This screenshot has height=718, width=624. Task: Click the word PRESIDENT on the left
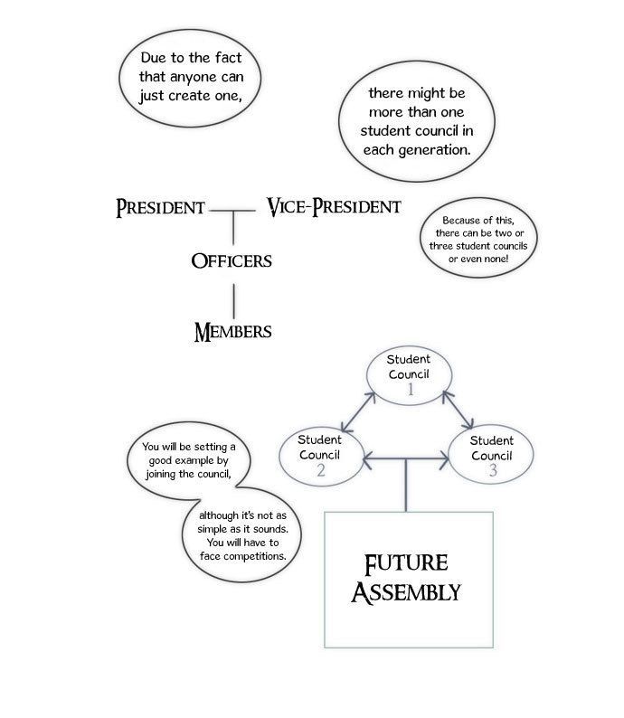(x=160, y=207)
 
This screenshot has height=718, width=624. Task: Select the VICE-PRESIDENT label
(x=334, y=206)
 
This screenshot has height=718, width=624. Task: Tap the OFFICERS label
(x=232, y=261)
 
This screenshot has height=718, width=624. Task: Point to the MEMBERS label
(x=232, y=332)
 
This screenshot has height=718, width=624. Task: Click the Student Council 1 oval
(x=410, y=346)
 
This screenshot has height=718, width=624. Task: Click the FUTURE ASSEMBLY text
(x=406, y=578)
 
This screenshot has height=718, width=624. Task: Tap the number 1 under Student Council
(x=411, y=390)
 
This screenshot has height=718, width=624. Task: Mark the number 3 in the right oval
(x=493, y=470)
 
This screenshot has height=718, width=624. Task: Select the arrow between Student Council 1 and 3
(x=458, y=410)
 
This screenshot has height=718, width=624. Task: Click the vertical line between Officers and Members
(x=234, y=301)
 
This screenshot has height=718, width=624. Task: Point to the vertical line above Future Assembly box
(x=406, y=485)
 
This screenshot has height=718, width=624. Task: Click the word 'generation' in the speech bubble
(x=433, y=150)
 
